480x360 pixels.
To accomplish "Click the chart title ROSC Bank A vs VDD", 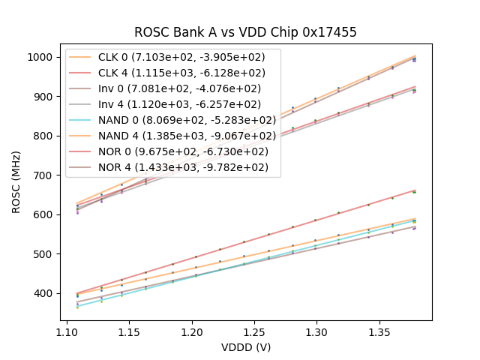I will click(x=245, y=32).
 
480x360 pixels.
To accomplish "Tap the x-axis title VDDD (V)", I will click(x=245, y=347).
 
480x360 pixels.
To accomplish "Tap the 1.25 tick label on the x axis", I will click(x=254, y=328).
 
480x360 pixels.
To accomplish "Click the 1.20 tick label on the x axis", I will click(x=192, y=328).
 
